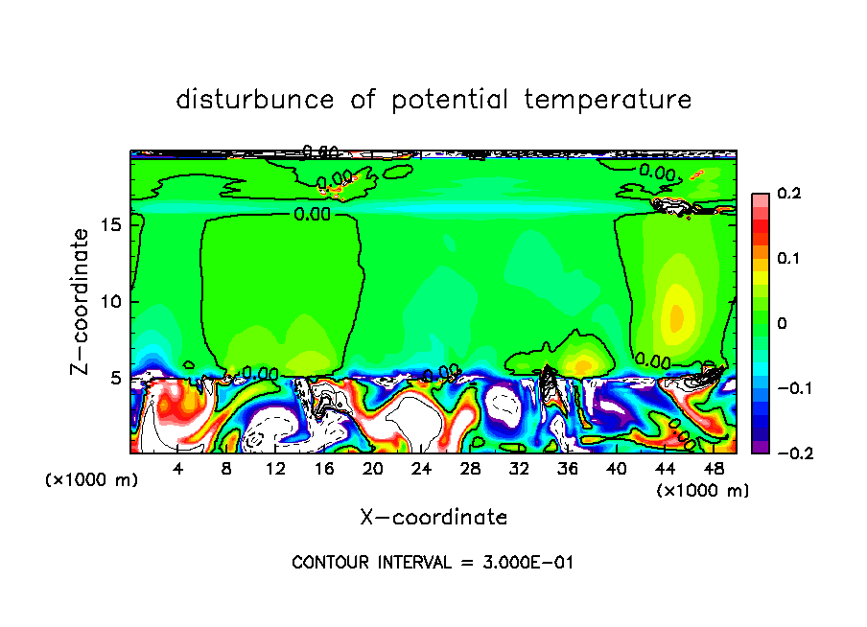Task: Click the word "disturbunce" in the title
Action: [255, 100]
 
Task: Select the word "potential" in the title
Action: [448, 100]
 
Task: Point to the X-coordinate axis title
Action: [433, 518]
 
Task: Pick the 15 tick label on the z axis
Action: [113, 224]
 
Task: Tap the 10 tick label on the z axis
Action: [113, 302]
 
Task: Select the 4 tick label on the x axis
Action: [177, 469]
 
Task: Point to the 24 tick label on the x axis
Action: [421, 469]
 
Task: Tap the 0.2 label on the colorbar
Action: [788, 195]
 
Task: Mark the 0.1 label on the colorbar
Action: [788, 259]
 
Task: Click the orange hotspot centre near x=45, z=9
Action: [676, 315]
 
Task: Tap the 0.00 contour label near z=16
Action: [313, 214]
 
